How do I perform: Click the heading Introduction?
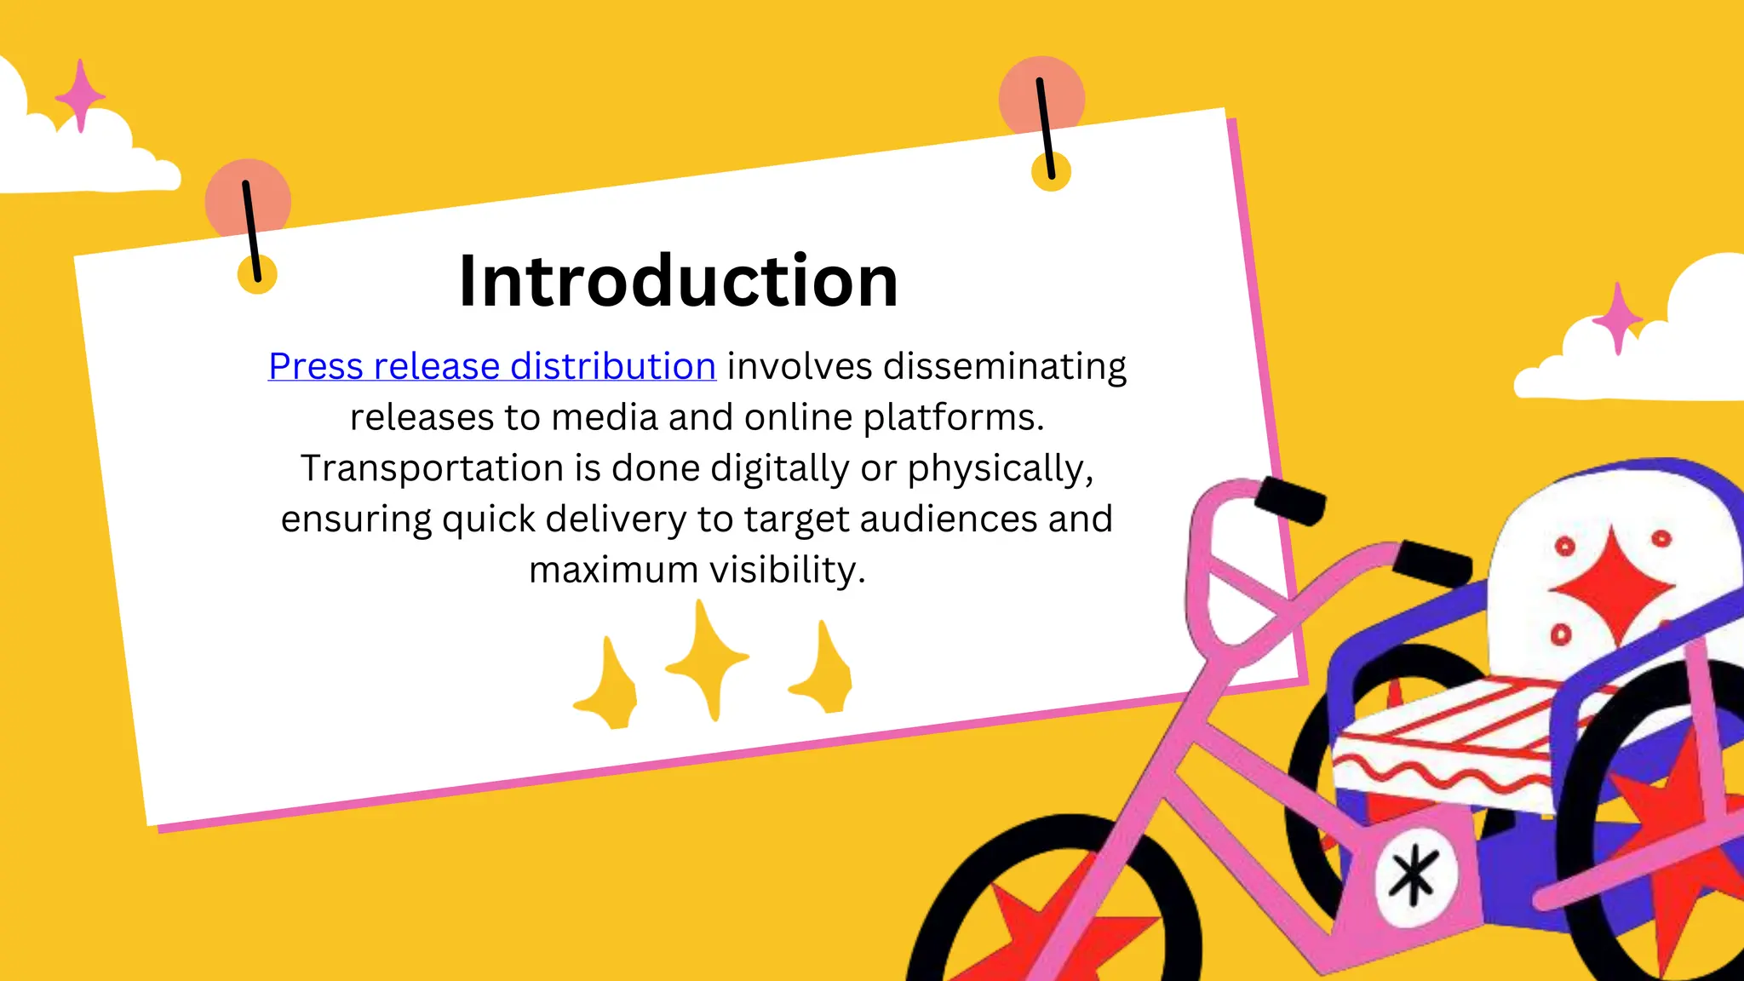678,281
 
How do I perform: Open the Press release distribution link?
491,366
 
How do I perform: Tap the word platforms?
953,417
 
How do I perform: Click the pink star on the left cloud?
80,95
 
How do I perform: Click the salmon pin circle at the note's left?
248,201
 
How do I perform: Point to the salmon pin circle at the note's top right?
1041,97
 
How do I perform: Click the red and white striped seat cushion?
1448,741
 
